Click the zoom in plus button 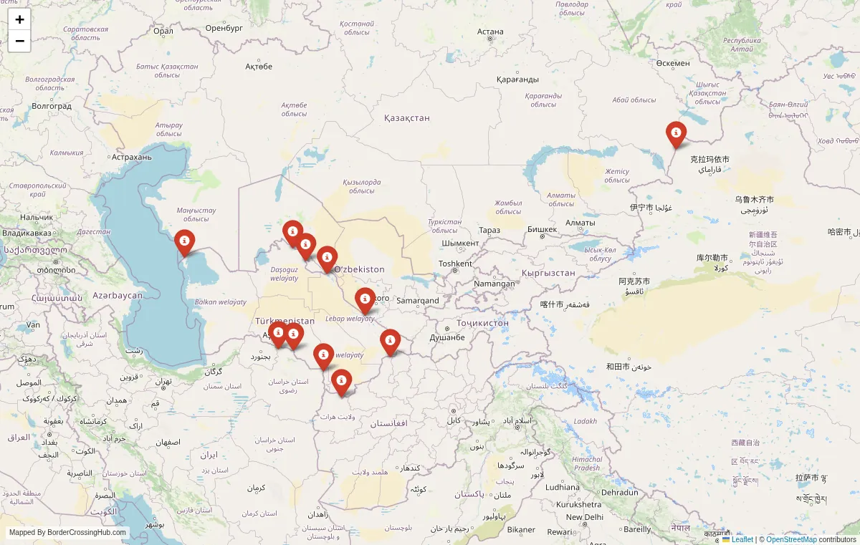19,20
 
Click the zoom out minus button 19,41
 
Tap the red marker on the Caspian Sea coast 185,242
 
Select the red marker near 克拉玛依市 676,134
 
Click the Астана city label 491,32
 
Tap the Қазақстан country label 406,117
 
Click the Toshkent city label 455,264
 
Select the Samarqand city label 418,301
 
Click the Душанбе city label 447,337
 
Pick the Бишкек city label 542,229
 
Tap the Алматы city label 580,223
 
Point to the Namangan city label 494,284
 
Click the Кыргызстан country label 548,273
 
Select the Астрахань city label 133,157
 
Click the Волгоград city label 52,106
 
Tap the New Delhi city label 585,517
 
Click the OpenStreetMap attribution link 791,539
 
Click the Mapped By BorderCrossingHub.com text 67,533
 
